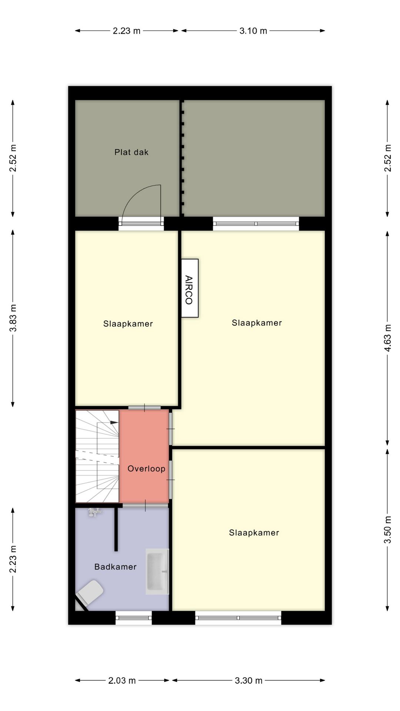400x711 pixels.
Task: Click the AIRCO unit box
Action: pyautogui.click(x=190, y=288)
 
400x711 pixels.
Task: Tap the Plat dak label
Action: pyautogui.click(x=131, y=152)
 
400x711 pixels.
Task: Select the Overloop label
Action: pyautogui.click(x=146, y=469)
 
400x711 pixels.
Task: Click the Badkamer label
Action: pyautogui.click(x=115, y=567)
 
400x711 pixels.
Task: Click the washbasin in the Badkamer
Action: pyautogui.click(x=157, y=572)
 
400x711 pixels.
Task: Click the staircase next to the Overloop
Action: pyautogui.click(x=97, y=456)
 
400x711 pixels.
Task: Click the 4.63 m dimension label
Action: pyautogui.click(x=387, y=338)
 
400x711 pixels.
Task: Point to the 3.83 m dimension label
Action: pyautogui.click(x=13, y=318)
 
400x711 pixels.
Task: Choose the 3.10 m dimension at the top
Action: pyautogui.click(x=253, y=31)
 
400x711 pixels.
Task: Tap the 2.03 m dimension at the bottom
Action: pyautogui.click(x=122, y=680)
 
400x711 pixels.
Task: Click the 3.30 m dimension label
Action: pyautogui.click(x=249, y=680)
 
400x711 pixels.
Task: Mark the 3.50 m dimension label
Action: pyautogui.click(x=387, y=530)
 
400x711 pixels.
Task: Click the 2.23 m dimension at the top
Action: pyautogui.click(x=126, y=31)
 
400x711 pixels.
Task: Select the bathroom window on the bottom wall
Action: pyautogui.click(x=134, y=618)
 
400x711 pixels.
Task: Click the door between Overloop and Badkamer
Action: pyautogui.click(x=145, y=505)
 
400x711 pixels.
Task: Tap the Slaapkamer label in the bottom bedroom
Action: pyautogui.click(x=254, y=533)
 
